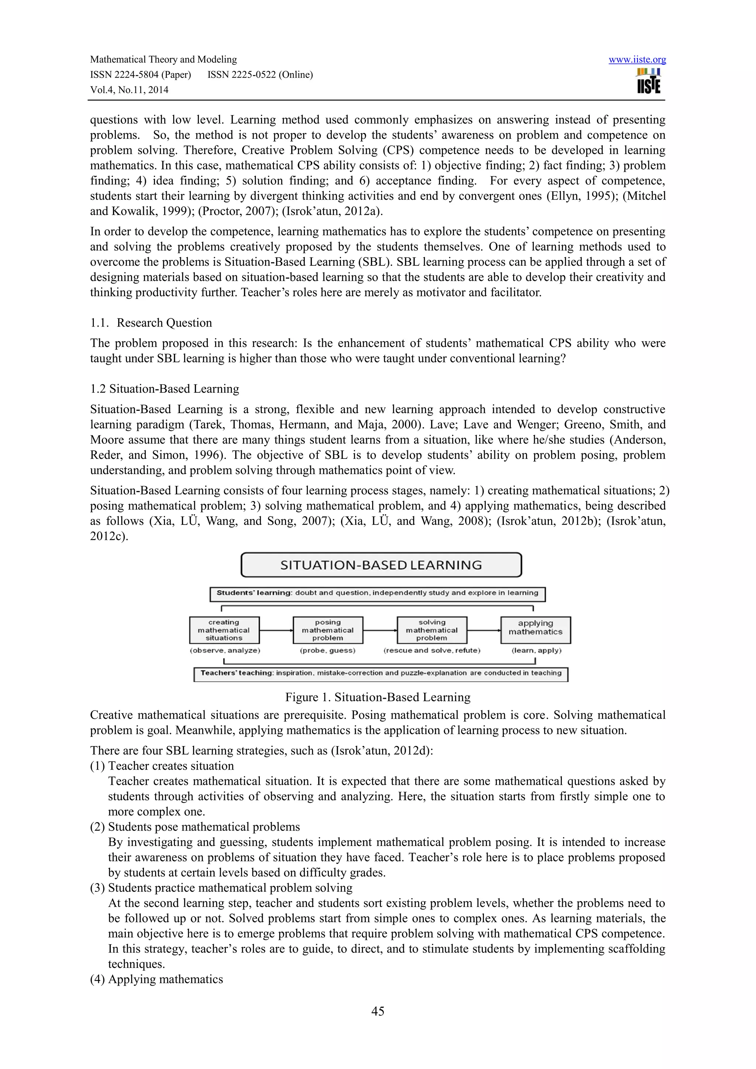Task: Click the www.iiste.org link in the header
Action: [x=637, y=59]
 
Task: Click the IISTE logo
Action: [x=649, y=81]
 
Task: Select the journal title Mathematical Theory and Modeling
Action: [x=164, y=59]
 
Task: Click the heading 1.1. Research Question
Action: [x=151, y=323]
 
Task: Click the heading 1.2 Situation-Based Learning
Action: [x=164, y=389]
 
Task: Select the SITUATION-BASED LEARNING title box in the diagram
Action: [x=381, y=565]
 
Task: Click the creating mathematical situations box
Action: [x=224, y=630]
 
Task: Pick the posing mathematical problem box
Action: [x=328, y=630]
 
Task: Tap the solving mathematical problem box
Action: [x=432, y=630]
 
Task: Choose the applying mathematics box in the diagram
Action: [x=535, y=630]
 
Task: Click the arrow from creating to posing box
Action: [x=276, y=630]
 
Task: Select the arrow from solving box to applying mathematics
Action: [x=484, y=630]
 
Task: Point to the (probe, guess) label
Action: [x=328, y=650]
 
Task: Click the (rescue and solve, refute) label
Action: [x=432, y=650]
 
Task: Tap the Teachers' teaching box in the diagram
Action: [x=381, y=673]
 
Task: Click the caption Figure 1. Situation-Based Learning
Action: [x=378, y=697]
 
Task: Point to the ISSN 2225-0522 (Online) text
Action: [x=260, y=75]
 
